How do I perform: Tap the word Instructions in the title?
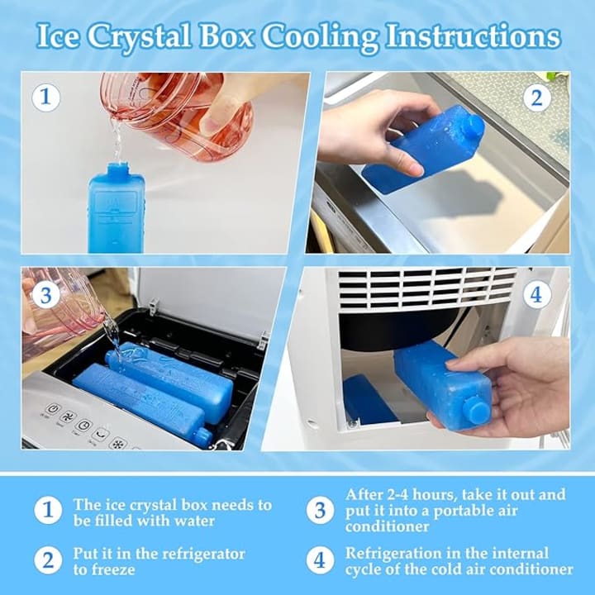(473, 36)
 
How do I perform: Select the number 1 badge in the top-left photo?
(45, 98)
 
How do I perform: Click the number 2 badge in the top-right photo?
(536, 98)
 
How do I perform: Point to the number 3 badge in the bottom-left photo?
(45, 295)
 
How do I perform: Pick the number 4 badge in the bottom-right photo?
(536, 294)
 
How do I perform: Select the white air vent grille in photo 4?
(427, 288)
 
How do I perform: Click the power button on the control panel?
(54, 409)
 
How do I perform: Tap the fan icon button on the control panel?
(69, 417)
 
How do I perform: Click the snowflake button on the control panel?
(118, 444)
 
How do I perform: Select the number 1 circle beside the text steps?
(48, 511)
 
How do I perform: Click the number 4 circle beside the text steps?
(321, 560)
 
